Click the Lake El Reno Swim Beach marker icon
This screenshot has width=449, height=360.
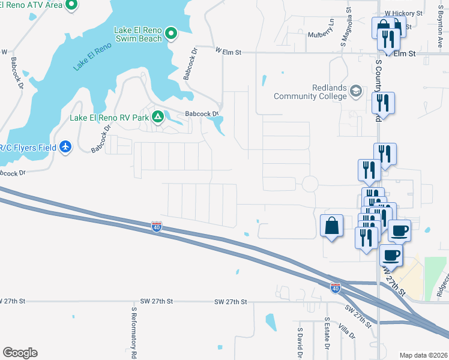170,34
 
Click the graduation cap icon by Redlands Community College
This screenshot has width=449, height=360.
356,91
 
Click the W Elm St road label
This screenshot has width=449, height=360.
228,52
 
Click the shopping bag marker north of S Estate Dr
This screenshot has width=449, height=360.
331,226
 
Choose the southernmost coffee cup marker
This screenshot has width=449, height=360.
391,254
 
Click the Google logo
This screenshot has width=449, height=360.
20,353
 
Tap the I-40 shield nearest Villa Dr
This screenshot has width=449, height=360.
336,289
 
